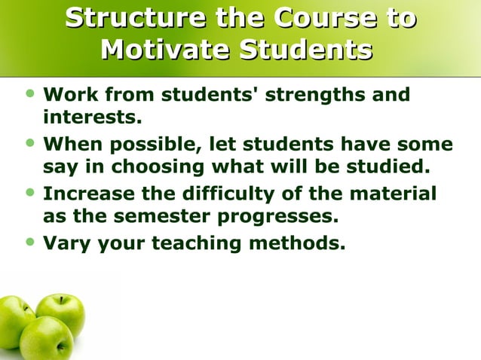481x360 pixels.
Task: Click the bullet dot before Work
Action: point(29,94)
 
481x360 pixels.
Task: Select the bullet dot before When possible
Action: point(29,142)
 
